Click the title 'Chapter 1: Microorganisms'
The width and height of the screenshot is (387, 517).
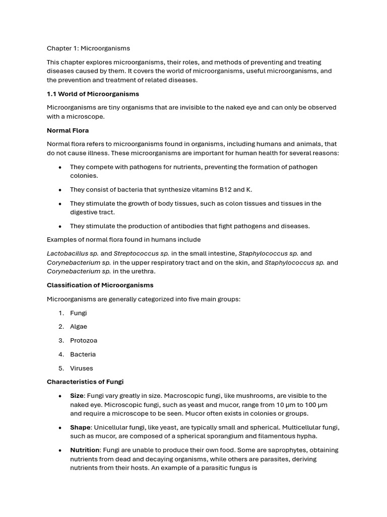[x=88, y=48]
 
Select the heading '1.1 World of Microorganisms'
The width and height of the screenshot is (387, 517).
[x=93, y=94]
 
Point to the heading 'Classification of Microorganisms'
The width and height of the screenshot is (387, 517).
[x=100, y=285]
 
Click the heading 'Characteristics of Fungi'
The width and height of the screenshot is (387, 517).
[x=85, y=382]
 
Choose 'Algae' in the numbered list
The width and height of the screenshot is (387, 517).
[x=79, y=327]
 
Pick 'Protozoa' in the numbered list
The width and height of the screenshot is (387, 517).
[x=84, y=340]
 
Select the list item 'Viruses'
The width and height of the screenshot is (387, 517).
[x=82, y=368]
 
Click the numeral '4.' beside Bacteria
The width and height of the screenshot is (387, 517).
[x=61, y=354]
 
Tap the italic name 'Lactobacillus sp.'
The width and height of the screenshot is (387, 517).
[x=73, y=253]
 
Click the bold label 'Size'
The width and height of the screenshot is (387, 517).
[x=77, y=396]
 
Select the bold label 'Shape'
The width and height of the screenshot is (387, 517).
[x=80, y=427]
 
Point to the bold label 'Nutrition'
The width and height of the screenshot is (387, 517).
[x=85, y=450]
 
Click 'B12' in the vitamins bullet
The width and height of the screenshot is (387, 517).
[x=225, y=190]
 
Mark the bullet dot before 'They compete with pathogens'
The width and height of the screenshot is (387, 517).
[x=60, y=167]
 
